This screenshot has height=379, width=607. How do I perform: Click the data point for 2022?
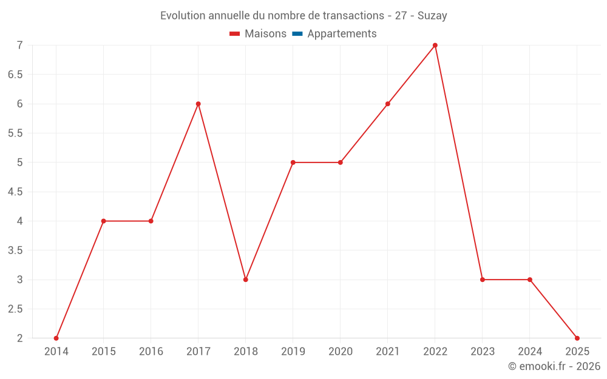pyautogui.click(x=435, y=45)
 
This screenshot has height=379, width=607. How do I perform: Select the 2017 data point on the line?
pyautogui.click(x=198, y=104)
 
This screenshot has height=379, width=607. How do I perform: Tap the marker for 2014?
pyautogui.click(x=56, y=338)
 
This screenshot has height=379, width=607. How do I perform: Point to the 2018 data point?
pyautogui.click(x=246, y=280)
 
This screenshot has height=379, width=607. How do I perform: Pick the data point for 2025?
pyautogui.click(x=577, y=338)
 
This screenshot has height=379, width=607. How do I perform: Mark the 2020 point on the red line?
pyautogui.click(x=341, y=163)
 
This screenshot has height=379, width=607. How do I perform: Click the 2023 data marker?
pyautogui.click(x=483, y=280)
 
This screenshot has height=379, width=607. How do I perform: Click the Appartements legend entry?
pyautogui.click(x=342, y=34)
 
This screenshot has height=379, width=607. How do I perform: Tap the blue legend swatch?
pyautogui.click(x=297, y=34)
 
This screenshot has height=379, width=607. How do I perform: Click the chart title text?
pyautogui.click(x=303, y=16)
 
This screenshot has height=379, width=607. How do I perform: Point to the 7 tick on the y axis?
pyautogui.click(x=19, y=45)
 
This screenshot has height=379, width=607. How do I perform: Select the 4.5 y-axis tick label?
pyautogui.click(x=15, y=192)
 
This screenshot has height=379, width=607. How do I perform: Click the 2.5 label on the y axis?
pyautogui.click(x=15, y=309)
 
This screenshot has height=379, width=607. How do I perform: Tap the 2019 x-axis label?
pyautogui.click(x=293, y=352)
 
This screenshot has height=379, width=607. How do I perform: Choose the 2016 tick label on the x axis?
pyautogui.click(x=151, y=352)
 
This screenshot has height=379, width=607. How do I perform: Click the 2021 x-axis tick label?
pyautogui.click(x=388, y=352)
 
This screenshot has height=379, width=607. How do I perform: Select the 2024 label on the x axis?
pyautogui.click(x=530, y=352)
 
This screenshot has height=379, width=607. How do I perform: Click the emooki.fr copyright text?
pyautogui.click(x=554, y=366)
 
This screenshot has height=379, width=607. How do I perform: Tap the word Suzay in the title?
pyautogui.click(x=432, y=16)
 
